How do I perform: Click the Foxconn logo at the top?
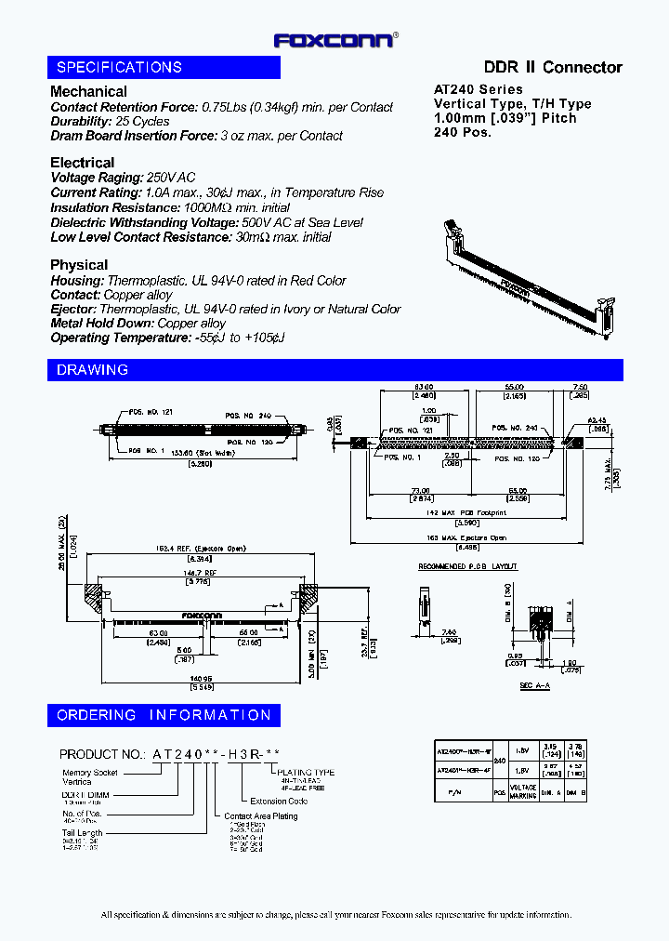334,40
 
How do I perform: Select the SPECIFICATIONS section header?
119,67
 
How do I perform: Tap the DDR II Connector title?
553,67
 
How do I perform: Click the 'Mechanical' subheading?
88,91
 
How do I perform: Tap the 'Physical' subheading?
79,265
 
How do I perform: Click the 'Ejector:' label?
72,309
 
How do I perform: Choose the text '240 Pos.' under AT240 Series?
463,132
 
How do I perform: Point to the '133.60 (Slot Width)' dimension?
190,451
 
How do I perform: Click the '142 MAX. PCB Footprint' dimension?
466,512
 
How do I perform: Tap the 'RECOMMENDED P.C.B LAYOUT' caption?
467,566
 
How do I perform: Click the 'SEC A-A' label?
533,685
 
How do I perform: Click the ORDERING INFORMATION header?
164,715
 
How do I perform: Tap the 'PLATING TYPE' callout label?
307,772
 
